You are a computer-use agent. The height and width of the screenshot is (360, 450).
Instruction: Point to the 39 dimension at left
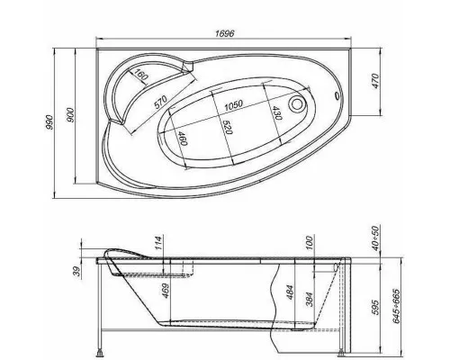[x=76, y=271]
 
